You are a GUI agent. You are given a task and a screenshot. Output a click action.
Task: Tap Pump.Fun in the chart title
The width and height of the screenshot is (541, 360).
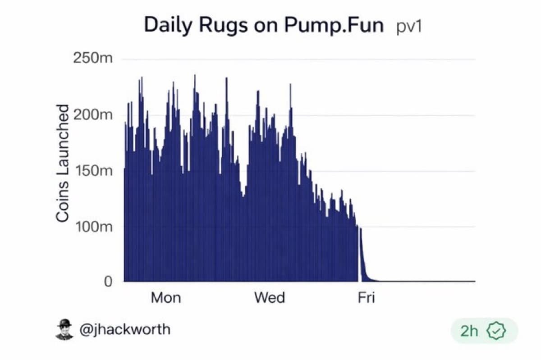coord(334,25)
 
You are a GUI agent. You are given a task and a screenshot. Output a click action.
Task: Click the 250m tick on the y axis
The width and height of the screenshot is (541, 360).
coord(93,59)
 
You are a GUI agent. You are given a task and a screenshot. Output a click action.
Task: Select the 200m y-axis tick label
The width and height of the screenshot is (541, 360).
coord(93,115)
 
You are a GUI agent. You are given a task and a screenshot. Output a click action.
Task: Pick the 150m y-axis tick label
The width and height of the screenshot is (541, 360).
coord(93,171)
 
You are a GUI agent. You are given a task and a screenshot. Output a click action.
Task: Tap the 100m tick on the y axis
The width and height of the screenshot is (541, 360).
coord(93,227)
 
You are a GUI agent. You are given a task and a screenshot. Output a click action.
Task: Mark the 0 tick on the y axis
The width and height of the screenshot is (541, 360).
coord(108,282)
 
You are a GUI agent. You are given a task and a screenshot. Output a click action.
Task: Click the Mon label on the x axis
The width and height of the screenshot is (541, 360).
coord(165,298)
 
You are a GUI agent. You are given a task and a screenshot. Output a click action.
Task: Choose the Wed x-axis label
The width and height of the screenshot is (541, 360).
coord(269,298)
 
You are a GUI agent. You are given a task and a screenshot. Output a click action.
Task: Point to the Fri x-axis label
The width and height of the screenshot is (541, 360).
coord(366,298)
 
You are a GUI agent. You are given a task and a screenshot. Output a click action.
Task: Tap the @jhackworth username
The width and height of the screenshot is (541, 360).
coord(125,329)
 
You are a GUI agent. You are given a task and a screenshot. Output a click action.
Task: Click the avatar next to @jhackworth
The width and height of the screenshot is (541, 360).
coord(64,329)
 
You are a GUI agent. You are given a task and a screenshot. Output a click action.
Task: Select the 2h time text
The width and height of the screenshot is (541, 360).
coord(469,331)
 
